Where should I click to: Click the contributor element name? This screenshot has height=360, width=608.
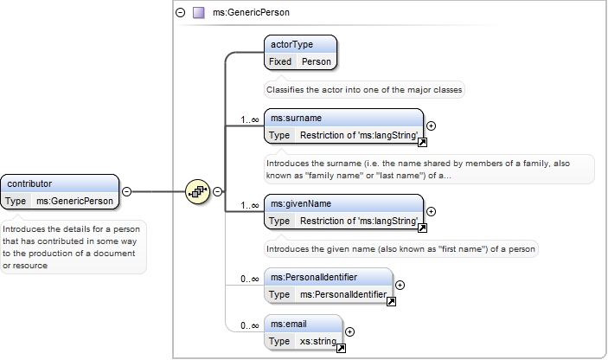(29, 183)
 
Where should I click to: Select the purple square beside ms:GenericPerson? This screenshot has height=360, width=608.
(199, 12)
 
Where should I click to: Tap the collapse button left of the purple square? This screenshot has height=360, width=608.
(180, 12)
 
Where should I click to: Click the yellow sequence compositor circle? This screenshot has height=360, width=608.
(198, 191)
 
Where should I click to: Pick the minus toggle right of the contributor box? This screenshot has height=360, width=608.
(127, 191)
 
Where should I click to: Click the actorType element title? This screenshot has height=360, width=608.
(291, 45)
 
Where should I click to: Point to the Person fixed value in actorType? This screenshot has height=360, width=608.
(317, 61)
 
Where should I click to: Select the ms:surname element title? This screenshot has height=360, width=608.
(297, 118)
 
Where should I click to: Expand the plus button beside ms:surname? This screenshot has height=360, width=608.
(431, 125)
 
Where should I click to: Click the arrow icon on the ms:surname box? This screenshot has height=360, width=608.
(422, 143)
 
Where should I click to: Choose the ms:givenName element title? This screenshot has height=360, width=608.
(301, 203)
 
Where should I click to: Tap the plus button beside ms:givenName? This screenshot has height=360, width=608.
(431, 211)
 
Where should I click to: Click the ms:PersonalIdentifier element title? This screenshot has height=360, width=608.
(314, 277)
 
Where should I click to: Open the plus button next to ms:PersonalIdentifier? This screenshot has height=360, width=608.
(400, 285)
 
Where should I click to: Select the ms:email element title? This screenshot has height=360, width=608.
(289, 324)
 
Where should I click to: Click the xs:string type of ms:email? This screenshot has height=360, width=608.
(318, 341)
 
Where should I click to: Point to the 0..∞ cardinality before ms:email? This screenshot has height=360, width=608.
(249, 325)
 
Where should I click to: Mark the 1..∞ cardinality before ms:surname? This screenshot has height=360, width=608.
(249, 119)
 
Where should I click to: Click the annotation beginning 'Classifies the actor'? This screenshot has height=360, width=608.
(364, 90)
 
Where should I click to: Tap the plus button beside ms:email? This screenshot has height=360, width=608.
(349, 331)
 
